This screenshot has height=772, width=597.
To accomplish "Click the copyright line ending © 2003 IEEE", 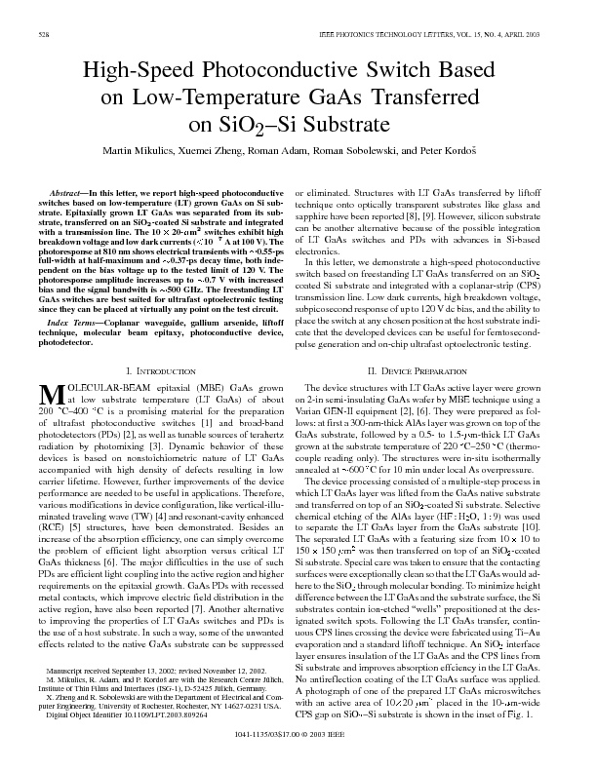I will coord(299,755).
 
